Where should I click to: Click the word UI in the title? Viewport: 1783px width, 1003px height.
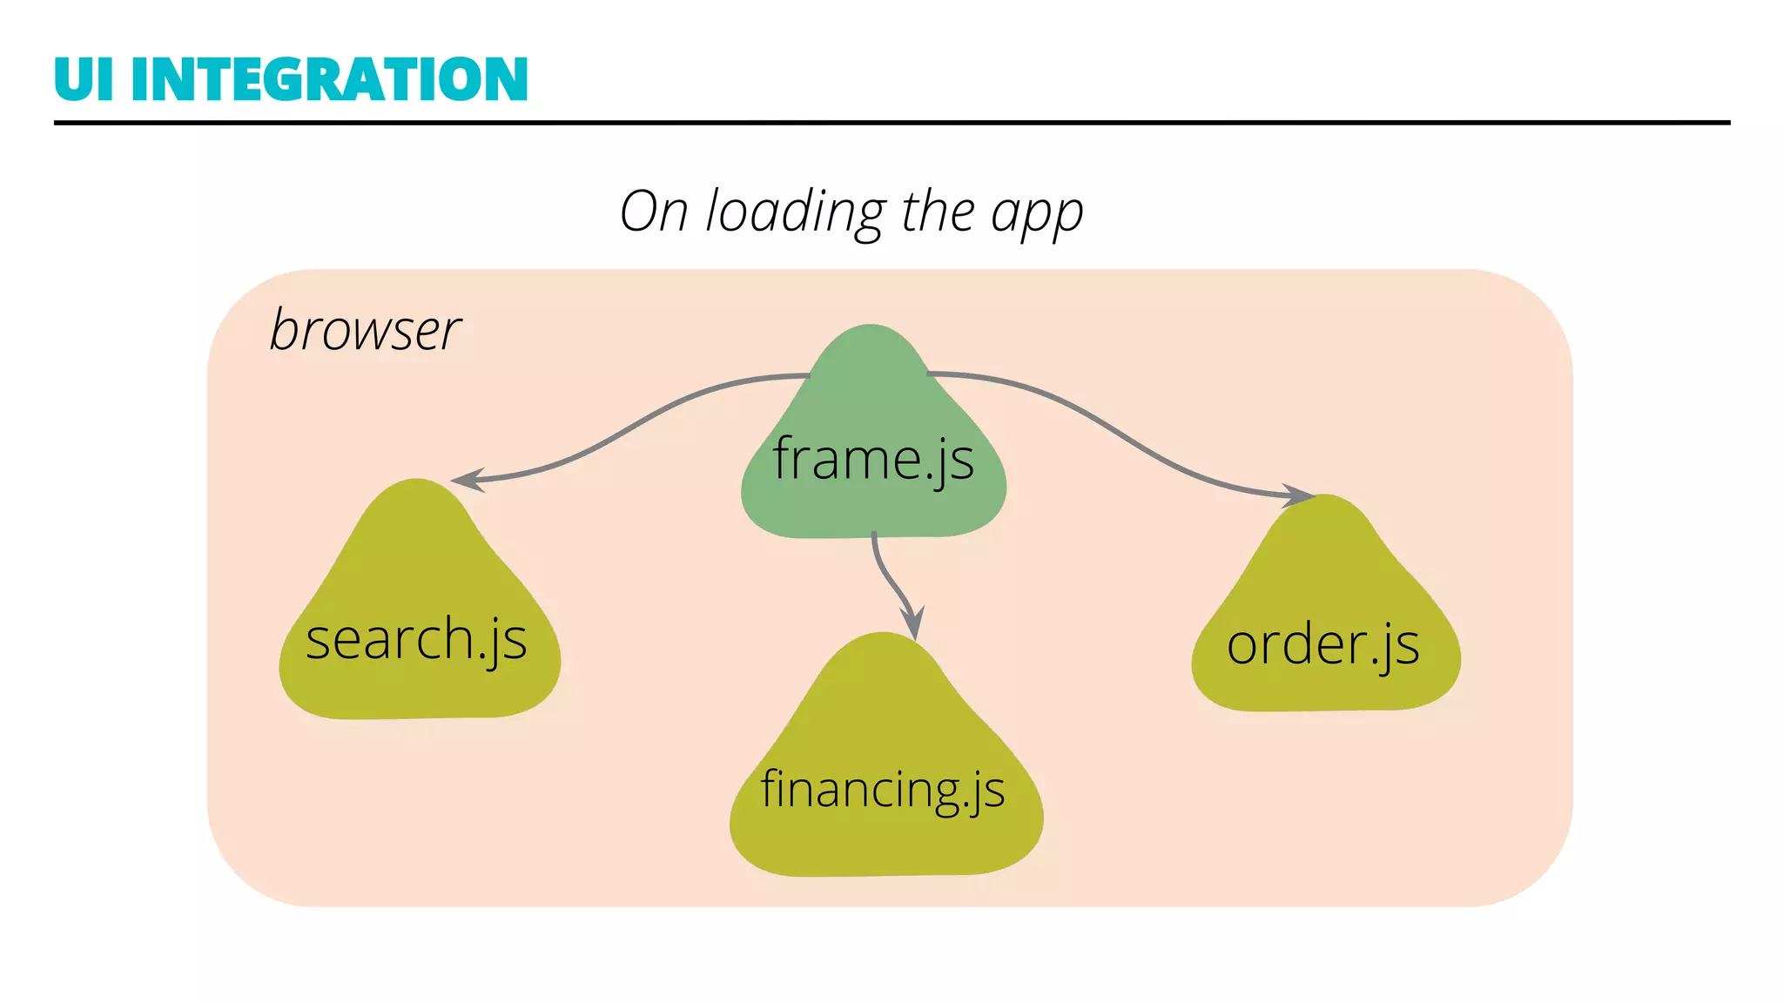(84, 79)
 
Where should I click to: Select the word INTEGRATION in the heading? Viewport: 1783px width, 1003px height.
(329, 79)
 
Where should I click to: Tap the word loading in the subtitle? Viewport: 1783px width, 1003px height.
(796, 212)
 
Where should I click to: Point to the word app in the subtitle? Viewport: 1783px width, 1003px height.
(1037, 214)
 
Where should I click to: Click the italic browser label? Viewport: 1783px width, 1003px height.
(365, 330)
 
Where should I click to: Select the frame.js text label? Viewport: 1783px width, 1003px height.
(873, 459)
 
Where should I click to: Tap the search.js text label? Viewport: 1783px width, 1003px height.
(416, 640)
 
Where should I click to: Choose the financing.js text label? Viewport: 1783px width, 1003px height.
(883, 790)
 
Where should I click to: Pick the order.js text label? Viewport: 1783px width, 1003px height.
(1322, 645)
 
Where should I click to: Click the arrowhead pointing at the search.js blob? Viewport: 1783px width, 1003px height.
(465, 480)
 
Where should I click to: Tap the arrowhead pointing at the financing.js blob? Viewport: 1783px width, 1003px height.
(912, 625)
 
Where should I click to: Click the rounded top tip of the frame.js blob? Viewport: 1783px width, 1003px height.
(871, 331)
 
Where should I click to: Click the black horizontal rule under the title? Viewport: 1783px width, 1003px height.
(891, 123)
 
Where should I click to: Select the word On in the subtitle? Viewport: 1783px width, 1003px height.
(654, 212)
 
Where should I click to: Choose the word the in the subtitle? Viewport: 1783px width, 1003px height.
(938, 212)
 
